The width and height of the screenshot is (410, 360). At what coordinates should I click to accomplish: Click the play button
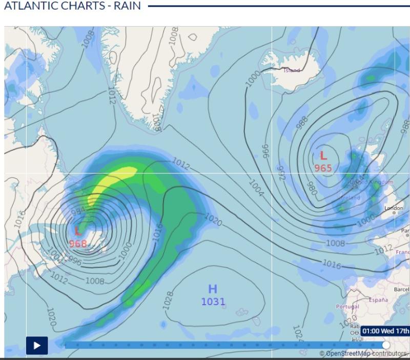37,345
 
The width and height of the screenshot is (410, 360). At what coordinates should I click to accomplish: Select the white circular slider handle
386,345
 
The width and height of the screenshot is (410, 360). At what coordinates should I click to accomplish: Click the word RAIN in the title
124,7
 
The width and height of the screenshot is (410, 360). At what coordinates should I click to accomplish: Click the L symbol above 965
323,155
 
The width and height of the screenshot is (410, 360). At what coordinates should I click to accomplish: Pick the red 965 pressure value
323,168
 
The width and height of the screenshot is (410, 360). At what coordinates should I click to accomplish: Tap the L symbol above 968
78,231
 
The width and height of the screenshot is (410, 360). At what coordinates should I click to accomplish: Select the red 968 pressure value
78,243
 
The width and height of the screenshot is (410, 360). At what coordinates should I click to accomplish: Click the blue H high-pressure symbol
213,289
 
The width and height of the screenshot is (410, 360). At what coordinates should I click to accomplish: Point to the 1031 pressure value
213,302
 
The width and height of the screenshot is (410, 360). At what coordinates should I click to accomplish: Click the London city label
394,208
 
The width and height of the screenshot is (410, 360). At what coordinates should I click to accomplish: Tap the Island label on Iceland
292,70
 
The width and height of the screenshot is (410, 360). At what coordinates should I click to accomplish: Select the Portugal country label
347,306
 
